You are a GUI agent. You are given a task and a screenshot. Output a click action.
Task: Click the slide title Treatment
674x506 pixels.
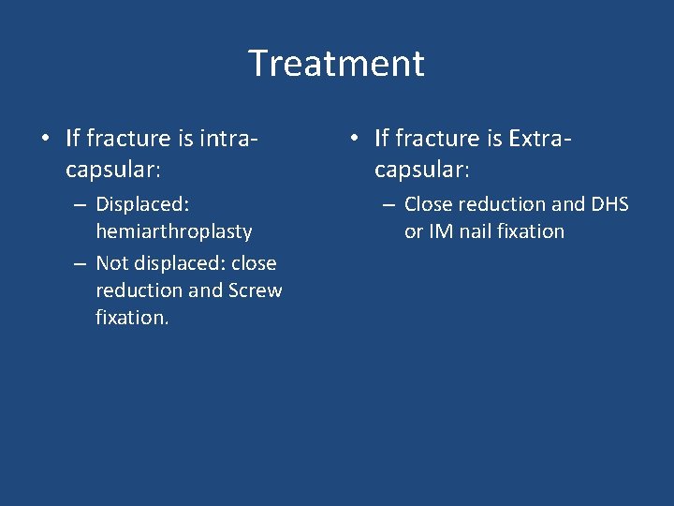(336, 64)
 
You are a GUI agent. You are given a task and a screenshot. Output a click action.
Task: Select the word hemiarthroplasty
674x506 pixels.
(173, 231)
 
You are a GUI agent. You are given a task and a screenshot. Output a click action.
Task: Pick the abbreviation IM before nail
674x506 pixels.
(441, 231)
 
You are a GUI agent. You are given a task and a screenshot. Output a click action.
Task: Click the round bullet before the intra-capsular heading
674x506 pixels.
(44, 140)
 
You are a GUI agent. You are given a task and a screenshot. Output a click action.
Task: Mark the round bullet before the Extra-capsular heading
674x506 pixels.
(353, 140)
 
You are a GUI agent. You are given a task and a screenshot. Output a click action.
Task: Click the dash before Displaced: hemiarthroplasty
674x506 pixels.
(80, 204)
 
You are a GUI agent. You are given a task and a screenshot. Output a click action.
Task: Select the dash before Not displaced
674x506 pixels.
(80, 263)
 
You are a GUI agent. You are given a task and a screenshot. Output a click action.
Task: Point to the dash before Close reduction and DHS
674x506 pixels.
(388, 204)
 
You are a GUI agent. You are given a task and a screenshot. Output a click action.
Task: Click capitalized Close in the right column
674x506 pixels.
(430, 204)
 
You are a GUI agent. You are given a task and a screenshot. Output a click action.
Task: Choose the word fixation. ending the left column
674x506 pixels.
(132, 318)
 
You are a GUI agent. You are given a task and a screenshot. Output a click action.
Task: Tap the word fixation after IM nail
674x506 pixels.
(531, 231)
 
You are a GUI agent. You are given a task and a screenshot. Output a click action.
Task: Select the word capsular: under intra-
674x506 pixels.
(112, 170)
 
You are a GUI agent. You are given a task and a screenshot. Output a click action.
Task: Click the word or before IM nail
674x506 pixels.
(414, 231)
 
